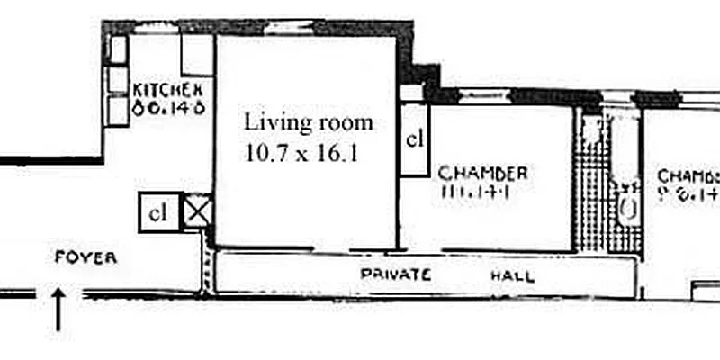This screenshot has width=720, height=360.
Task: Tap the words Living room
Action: coord(308,121)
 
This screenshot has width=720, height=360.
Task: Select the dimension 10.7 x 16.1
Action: coord(301,152)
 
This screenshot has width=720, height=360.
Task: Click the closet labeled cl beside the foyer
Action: coord(158,213)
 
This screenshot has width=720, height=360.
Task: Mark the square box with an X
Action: coord(195,212)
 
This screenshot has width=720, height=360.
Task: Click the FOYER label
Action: coord(86,257)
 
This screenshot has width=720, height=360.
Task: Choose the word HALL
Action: coord(512,276)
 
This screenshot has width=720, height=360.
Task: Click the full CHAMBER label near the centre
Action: coord(482,173)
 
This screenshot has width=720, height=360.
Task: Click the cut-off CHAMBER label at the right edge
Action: coord(688,175)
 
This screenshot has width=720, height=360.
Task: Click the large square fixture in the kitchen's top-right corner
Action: coord(197,55)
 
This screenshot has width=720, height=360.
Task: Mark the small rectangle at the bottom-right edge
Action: coord(704,291)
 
